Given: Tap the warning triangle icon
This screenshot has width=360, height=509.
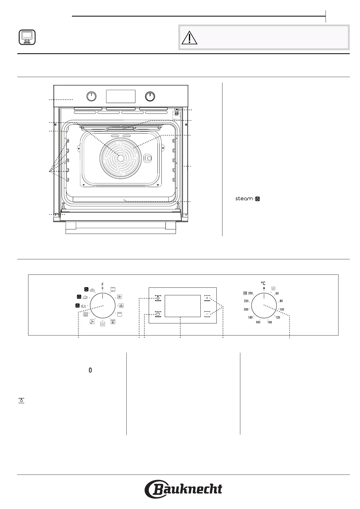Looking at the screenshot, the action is coord(189,38).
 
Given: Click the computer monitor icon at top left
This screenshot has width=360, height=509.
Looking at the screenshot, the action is coord(27,37).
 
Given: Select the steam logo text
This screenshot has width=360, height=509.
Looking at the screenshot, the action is coord(248,199).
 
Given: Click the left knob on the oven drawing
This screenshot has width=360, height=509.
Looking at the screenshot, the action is coord(91,97).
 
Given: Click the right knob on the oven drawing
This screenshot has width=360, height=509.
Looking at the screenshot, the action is coord(150,97).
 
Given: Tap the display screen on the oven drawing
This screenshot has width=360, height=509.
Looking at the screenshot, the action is coord(121,96).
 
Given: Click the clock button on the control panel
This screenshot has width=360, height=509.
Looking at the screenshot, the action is coord(158,314).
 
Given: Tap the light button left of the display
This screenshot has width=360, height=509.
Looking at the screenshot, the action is coord(158,298).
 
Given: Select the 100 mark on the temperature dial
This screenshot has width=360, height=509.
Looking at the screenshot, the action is coord(282,309).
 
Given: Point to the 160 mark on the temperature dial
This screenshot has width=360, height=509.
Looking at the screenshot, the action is coord(258,322).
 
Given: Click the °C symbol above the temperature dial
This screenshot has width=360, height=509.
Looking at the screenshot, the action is coord(263,283).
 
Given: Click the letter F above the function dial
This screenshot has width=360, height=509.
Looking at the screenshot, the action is coord(102,284).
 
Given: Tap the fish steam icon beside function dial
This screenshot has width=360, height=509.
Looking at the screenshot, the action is coord(81,306).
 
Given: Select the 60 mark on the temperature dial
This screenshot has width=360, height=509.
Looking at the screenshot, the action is coord(277,293).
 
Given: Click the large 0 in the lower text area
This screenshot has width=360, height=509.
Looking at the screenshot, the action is coord(90,370).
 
